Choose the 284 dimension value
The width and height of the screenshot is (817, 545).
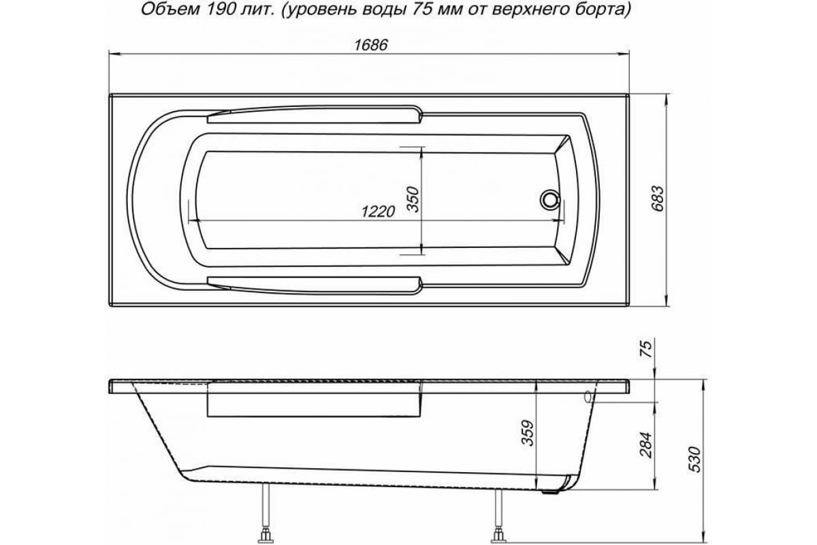tap(647, 443)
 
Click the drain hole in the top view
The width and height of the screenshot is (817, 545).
tap(550, 200)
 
